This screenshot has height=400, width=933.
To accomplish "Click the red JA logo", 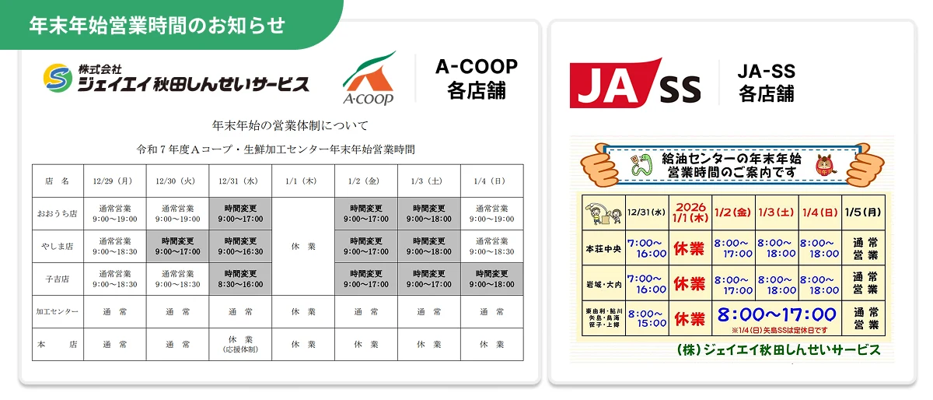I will pyautogui.click(x=614, y=82).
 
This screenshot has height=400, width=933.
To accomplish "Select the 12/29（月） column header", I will pyautogui.click(x=114, y=181).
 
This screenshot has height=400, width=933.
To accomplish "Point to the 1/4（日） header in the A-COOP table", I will pyautogui.click(x=491, y=181).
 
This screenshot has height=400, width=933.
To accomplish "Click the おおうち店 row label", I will pyautogui.click(x=58, y=213).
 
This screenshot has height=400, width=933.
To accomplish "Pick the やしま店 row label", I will pyautogui.click(x=58, y=247).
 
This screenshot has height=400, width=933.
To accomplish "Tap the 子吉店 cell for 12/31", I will pyautogui.click(x=240, y=279).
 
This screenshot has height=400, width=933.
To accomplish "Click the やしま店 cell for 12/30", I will pyautogui.click(x=177, y=247).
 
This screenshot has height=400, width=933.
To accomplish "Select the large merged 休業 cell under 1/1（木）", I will pyautogui.click(x=303, y=247).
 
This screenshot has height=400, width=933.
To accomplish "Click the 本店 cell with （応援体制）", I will pyautogui.click(x=240, y=344).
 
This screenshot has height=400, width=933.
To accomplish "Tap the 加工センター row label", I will pyautogui.click(x=58, y=311).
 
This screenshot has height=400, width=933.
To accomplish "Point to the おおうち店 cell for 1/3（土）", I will pyautogui.click(x=429, y=213).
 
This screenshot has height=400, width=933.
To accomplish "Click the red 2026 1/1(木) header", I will pyautogui.click(x=690, y=212).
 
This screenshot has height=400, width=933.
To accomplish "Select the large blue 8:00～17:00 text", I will pyautogui.click(x=776, y=316).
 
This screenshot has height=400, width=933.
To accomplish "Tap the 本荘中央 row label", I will pyautogui.click(x=603, y=249).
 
